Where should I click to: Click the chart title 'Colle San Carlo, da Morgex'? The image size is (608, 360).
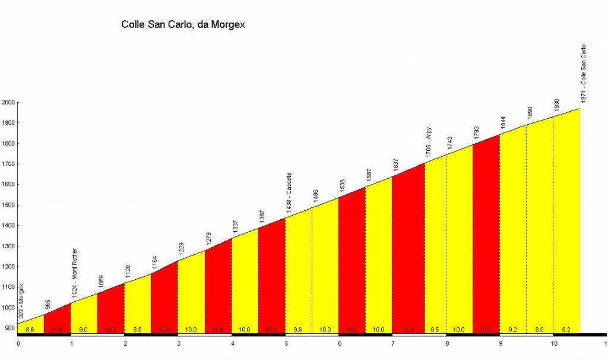coord(183,25)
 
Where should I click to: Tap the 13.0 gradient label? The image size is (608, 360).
coord(164,329)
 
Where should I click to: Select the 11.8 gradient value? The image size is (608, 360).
coord(57,329)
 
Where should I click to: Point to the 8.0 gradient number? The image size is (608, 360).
coord(540,329)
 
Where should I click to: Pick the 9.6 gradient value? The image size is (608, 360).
coord(299,329)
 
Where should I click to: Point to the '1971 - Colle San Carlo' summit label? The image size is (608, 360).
coord(584,74)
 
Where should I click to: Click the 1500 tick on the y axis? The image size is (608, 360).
coord(8,205)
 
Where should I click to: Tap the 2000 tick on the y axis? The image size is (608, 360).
coord(8,102)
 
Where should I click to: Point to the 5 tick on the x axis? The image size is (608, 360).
coord(286,343)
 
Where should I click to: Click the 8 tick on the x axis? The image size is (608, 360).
coord(447,343)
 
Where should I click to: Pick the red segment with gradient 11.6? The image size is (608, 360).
coord(218,285)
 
